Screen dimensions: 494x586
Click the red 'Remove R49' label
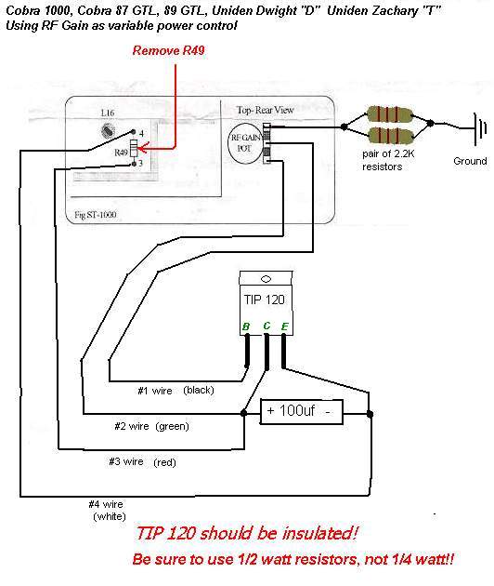pyautogui.click(x=168, y=50)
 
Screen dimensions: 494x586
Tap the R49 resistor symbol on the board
pyautogui.click(x=134, y=149)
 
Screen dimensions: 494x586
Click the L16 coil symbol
pyautogui.click(x=108, y=130)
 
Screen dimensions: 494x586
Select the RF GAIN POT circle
pyautogui.click(x=245, y=143)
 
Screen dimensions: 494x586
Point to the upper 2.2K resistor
pyautogui.click(x=390, y=114)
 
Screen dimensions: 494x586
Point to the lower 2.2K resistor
pyautogui.click(x=390, y=135)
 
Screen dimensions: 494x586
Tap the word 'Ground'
pyautogui.click(x=470, y=161)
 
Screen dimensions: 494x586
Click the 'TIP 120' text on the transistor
pyautogui.click(x=264, y=300)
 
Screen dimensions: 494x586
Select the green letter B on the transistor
pyautogui.click(x=246, y=326)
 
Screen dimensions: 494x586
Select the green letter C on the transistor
pyautogui.click(x=266, y=326)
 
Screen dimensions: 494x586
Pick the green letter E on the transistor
pyautogui.click(x=284, y=326)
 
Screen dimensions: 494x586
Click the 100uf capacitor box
pyautogui.click(x=301, y=412)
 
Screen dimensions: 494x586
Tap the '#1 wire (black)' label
pyautogui.click(x=175, y=391)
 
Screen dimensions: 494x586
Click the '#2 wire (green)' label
pyautogui.click(x=152, y=426)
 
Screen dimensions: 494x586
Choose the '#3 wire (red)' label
pyautogui.click(x=142, y=462)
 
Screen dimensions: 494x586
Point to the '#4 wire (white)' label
pyautogui.click(x=107, y=511)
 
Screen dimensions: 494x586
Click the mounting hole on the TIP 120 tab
pyautogui.click(x=266, y=279)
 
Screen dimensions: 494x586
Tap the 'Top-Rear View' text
pyautogui.click(x=266, y=110)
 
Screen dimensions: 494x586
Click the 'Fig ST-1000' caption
pyautogui.click(x=95, y=215)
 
